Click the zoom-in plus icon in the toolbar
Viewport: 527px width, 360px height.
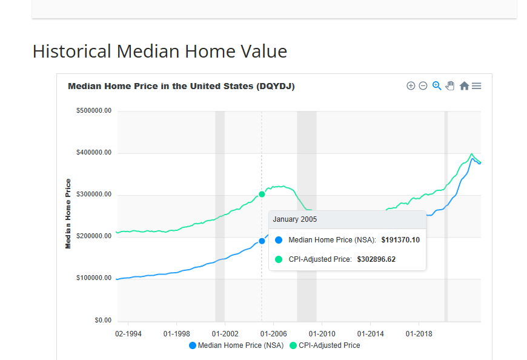pyautogui.click(x=411, y=86)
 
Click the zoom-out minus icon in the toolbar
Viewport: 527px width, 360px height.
pyautogui.click(x=423, y=86)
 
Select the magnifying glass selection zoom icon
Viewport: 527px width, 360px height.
pyautogui.click(x=437, y=86)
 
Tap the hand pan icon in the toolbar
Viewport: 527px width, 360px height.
pyautogui.click(x=450, y=86)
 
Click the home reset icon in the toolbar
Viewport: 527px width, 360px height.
pyautogui.click(x=464, y=86)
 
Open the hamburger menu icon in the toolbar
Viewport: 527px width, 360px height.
pyautogui.click(x=477, y=86)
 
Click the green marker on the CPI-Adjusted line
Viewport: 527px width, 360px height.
pyautogui.click(x=262, y=194)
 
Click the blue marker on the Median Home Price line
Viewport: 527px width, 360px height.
pyautogui.click(x=262, y=241)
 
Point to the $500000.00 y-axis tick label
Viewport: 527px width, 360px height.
pyautogui.click(x=94, y=111)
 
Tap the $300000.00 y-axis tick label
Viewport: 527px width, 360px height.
pyautogui.click(x=94, y=195)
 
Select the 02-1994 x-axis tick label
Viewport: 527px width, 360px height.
pyautogui.click(x=128, y=334)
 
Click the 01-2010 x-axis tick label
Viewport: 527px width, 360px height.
pyautogui.click(x=322, y=334)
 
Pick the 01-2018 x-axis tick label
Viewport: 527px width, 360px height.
pyautogui.click(x=417, y=334)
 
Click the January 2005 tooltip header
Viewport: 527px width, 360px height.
pyautogui.click(x=295, y=219)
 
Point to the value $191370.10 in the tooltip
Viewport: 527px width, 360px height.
pyautogui.click(x=400, y=240)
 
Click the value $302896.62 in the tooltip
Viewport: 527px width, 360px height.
pyautogui.click(x=376, y=259)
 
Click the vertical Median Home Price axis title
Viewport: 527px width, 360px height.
pyautogui.click(x=68, y=213)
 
